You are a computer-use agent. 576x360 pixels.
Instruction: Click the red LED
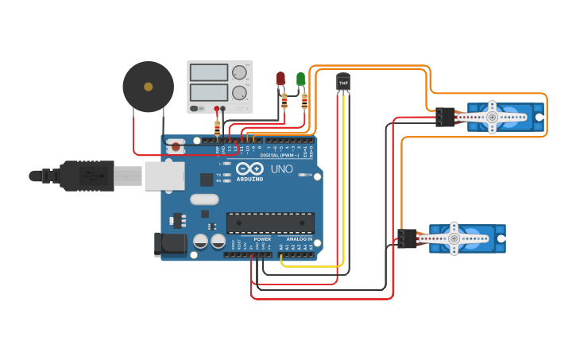coord(280,79)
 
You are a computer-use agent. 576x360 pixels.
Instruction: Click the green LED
coord(300,79)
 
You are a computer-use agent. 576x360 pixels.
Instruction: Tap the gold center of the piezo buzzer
coord(148,86)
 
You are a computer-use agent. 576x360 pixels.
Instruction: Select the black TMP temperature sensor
coord(343,82)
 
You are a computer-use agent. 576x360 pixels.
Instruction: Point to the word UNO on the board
coord(283,169)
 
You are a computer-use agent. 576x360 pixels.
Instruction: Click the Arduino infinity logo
coord(249,169)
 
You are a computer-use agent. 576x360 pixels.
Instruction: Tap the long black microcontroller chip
coord(270,223)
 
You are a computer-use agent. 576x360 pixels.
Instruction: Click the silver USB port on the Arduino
coord(164,176)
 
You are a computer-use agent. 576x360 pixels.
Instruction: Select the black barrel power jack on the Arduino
coord(170,244)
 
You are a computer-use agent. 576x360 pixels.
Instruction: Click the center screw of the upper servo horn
coord(493,118)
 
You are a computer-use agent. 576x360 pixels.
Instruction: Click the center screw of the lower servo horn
coord(454,238)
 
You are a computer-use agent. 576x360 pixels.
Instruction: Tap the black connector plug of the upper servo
coord(445,118)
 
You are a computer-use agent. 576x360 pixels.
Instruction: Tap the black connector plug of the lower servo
coord(408,238)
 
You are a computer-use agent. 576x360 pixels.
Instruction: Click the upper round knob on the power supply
coord(239,73)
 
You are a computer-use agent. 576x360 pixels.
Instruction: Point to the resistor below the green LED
coord(305,101)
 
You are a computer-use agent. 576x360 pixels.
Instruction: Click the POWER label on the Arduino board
coord(262,239)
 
